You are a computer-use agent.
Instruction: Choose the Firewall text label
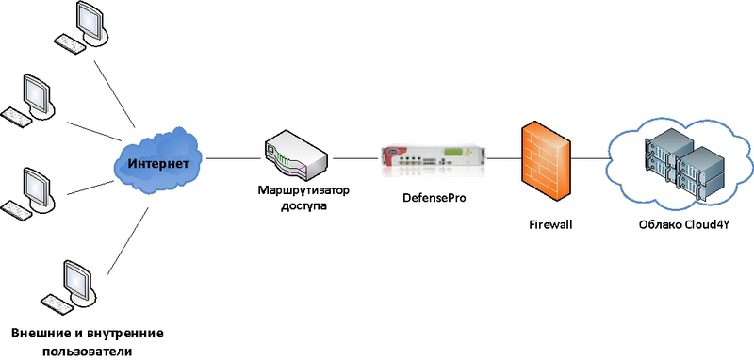click(550, 225)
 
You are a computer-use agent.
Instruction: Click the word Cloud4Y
click(701, 225)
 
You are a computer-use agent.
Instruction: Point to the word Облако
click(654, 225)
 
